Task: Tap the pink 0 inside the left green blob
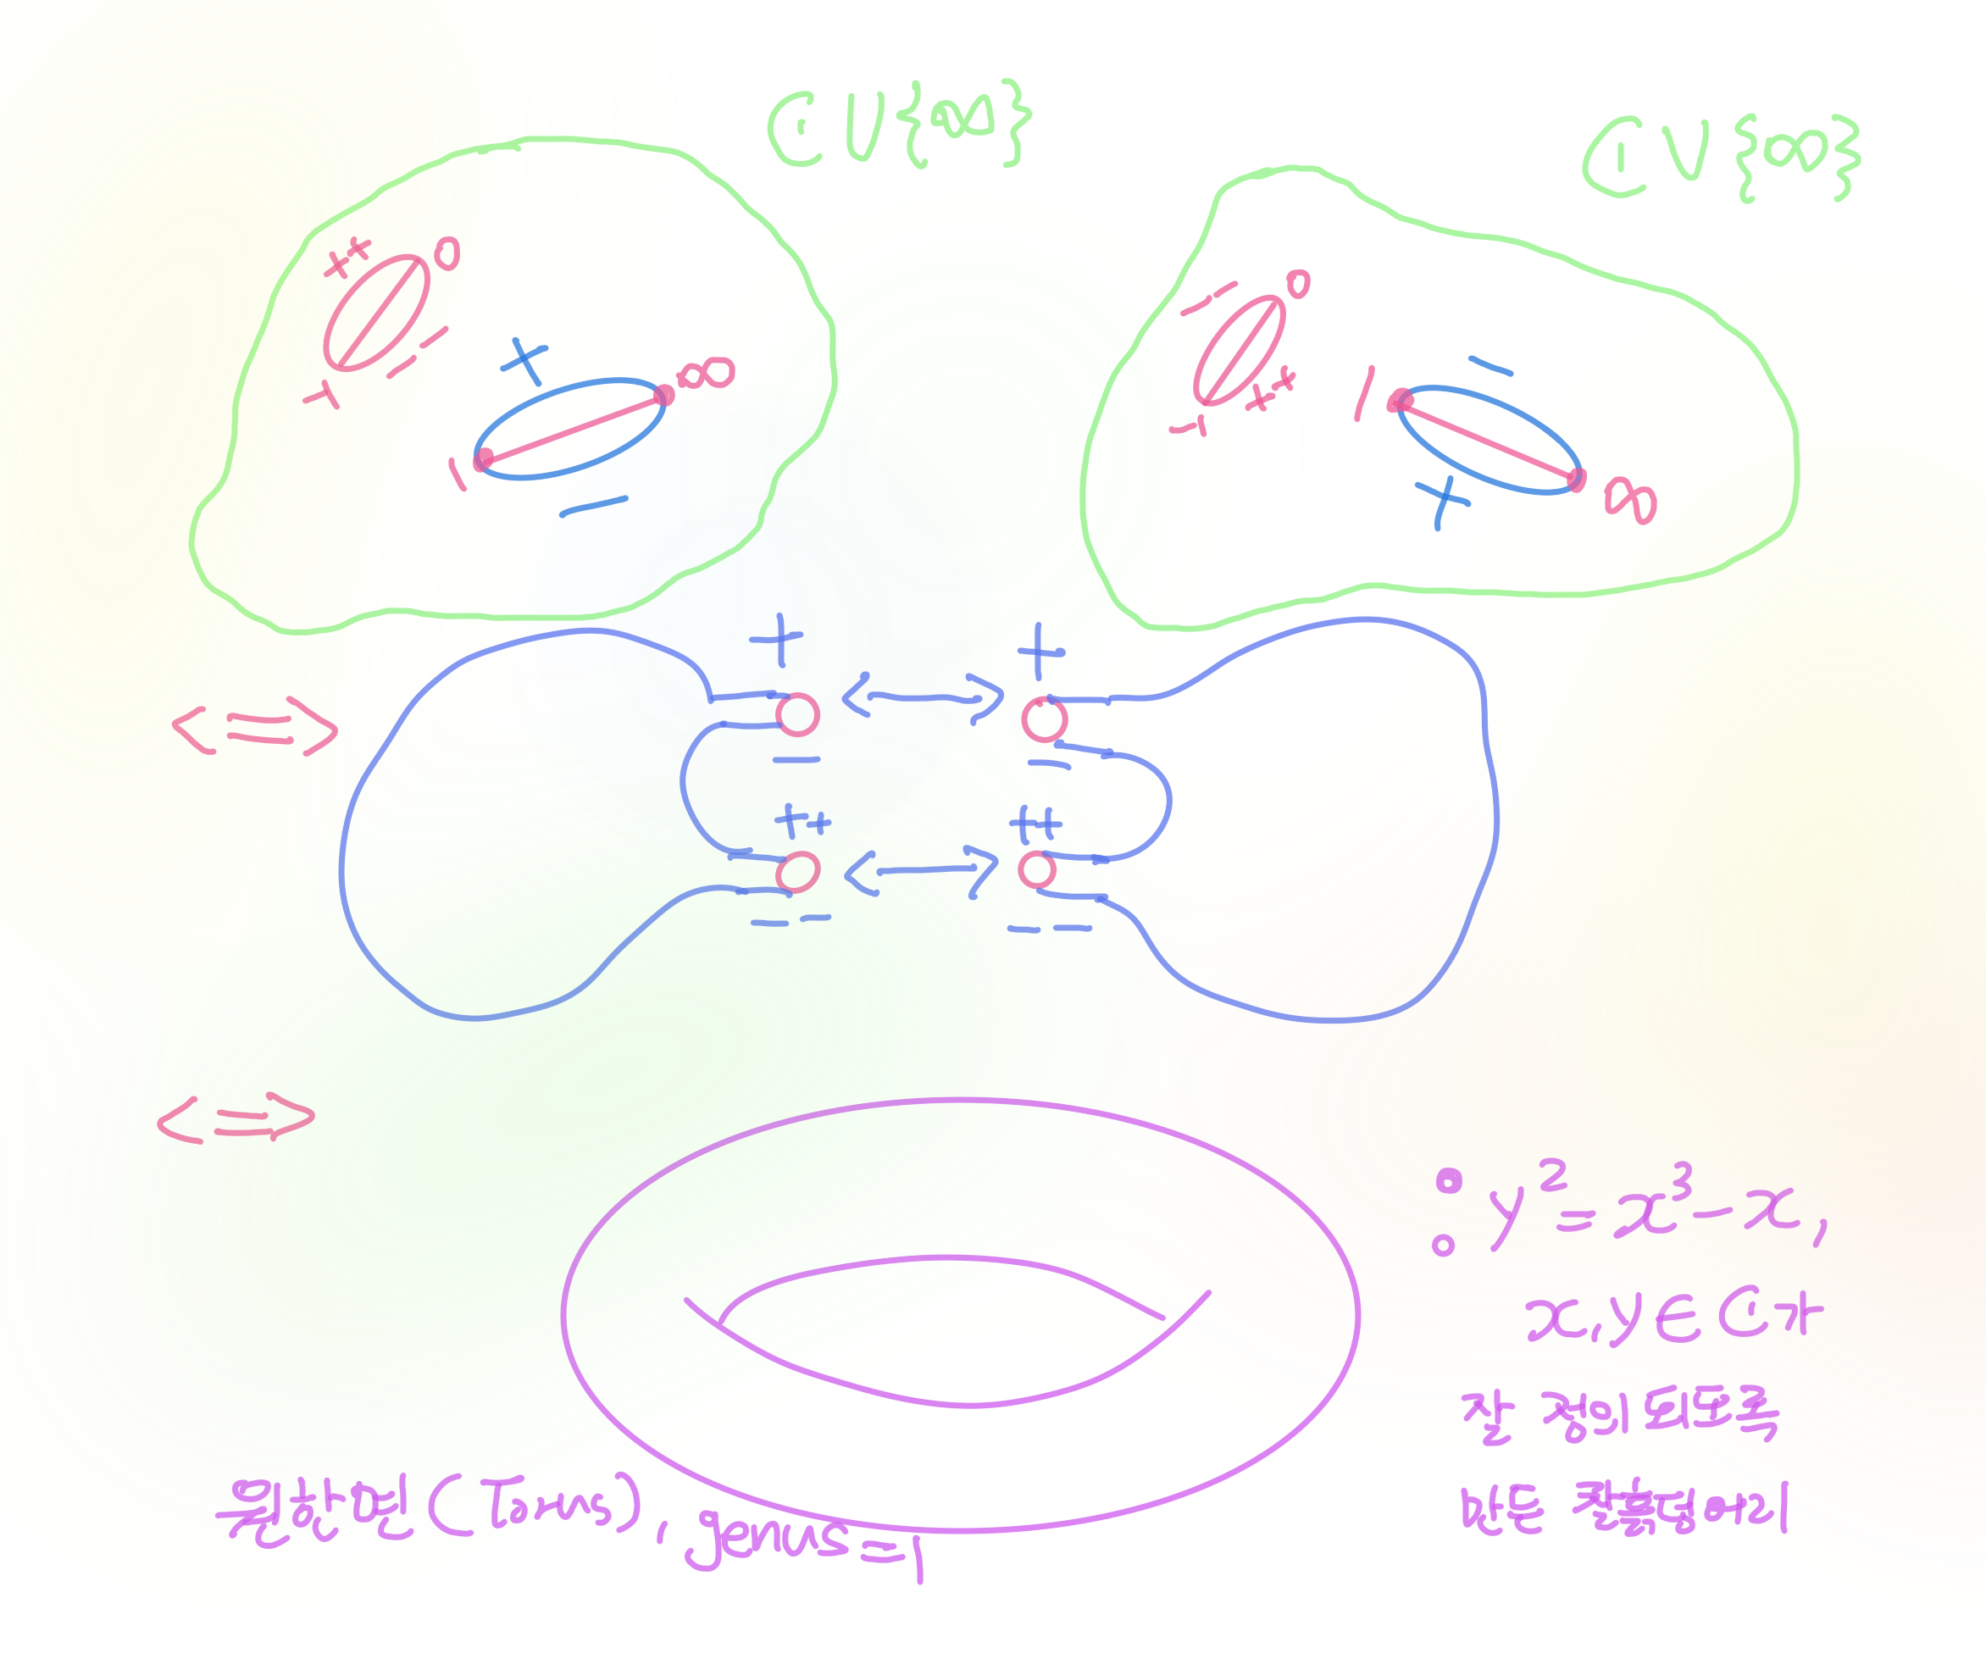[447, 254]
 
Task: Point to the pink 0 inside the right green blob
[1299, 284]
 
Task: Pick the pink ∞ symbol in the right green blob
[1630, 501]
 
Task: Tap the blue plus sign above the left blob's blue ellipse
[524, 361]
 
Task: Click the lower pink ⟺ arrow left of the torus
[236, 1120]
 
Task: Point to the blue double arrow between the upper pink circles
[922, 698]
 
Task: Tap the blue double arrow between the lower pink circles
[921, 870]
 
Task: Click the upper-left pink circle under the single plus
[797, 715]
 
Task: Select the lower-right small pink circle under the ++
[1037, 869]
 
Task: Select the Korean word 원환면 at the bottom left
[317, 1509]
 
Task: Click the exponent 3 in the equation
[1682, 1179]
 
